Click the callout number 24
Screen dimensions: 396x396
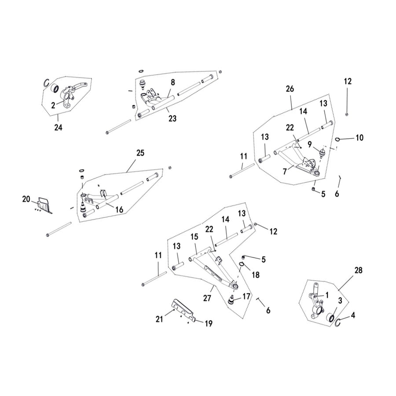point(59,128)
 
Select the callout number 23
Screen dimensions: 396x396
point(172,118)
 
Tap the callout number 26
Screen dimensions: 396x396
point(290,89)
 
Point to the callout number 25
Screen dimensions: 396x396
point(140,153)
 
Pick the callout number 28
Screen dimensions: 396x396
point(359,270)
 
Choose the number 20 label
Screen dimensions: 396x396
point(26,199)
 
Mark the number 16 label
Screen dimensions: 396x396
point(119,210)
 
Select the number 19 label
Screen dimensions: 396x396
point(208,323)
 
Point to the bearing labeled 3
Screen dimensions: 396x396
point(330,317)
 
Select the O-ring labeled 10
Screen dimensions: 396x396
point(337,139)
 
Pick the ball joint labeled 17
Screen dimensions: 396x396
point(233,300)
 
